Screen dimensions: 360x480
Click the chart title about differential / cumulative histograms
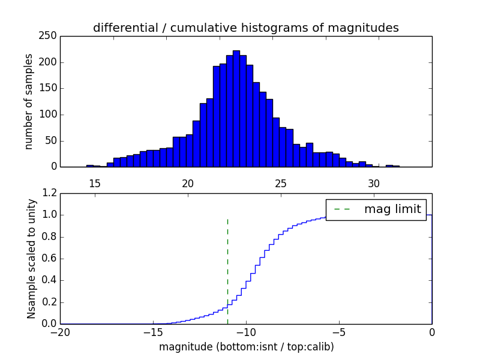pos(245,28)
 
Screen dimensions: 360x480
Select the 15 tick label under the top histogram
pos(94,183)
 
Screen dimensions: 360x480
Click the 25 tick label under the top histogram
pos(281,183)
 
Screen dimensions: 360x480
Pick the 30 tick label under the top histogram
pos(374,183)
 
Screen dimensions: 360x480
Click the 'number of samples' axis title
pos(28,101)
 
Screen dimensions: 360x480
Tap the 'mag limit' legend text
pos(392,209)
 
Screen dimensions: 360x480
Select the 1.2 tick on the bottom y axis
pos(49,193)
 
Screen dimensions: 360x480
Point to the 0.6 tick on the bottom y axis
pos(49,259)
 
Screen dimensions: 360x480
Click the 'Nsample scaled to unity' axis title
pos(31,258)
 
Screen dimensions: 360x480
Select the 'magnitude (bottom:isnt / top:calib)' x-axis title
pos(246,347)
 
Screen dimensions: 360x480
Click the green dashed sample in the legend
pos(342,209)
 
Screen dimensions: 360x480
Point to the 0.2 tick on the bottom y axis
pos(49,302)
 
